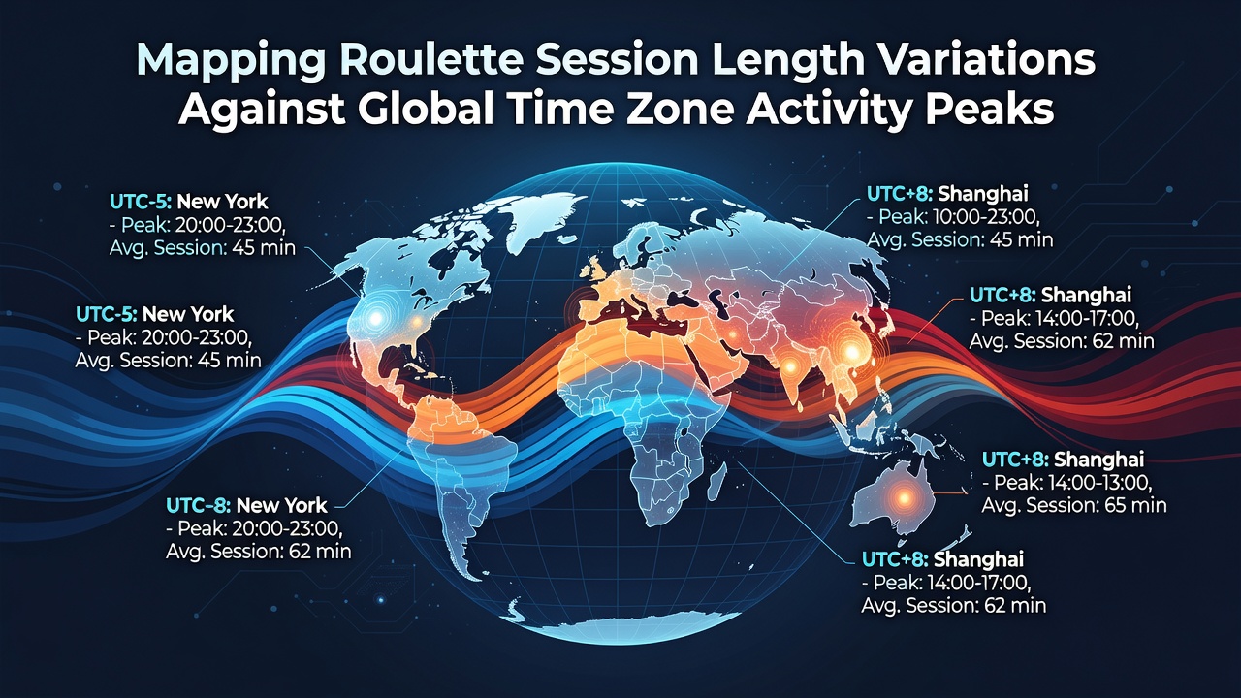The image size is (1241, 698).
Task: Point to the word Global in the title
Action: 430,110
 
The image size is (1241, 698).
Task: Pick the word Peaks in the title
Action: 990,110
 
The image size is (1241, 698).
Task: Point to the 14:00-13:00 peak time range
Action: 1100,483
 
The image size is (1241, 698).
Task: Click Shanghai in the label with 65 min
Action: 1098,459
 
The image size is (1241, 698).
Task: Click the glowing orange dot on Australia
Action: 904,498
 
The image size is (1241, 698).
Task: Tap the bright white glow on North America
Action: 376,318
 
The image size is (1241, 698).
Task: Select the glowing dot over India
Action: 790,365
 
